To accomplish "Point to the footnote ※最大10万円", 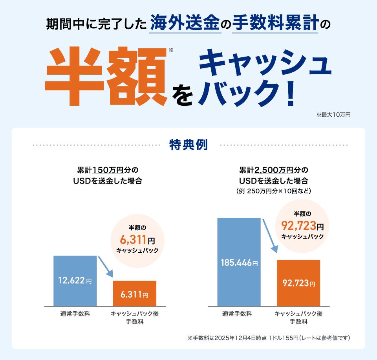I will pyautogui.click(x=333, y=115).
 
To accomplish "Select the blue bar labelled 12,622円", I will pyautogui.click(x=75, y=281).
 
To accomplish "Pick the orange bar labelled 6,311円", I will pyautogui.click(x=134, y=293).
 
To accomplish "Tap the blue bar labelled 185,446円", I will pyautogui.click(x=239, y=262).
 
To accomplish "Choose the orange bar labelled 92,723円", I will pyautogui.click(x=298, y=283).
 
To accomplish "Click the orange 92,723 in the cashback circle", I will pyautogui.click(x=299, y=226).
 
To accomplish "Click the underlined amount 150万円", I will pyautogui.click(x=108, y=171).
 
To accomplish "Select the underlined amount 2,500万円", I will pyautogui.click(x=274, y=171).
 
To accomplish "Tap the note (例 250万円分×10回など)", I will pyautogui.click(x=274, y=191).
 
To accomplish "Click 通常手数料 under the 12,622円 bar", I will pyautogui.click(x=75, y=314).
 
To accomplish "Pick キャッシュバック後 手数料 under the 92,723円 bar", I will pyautogui.click(x=298, y=318).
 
